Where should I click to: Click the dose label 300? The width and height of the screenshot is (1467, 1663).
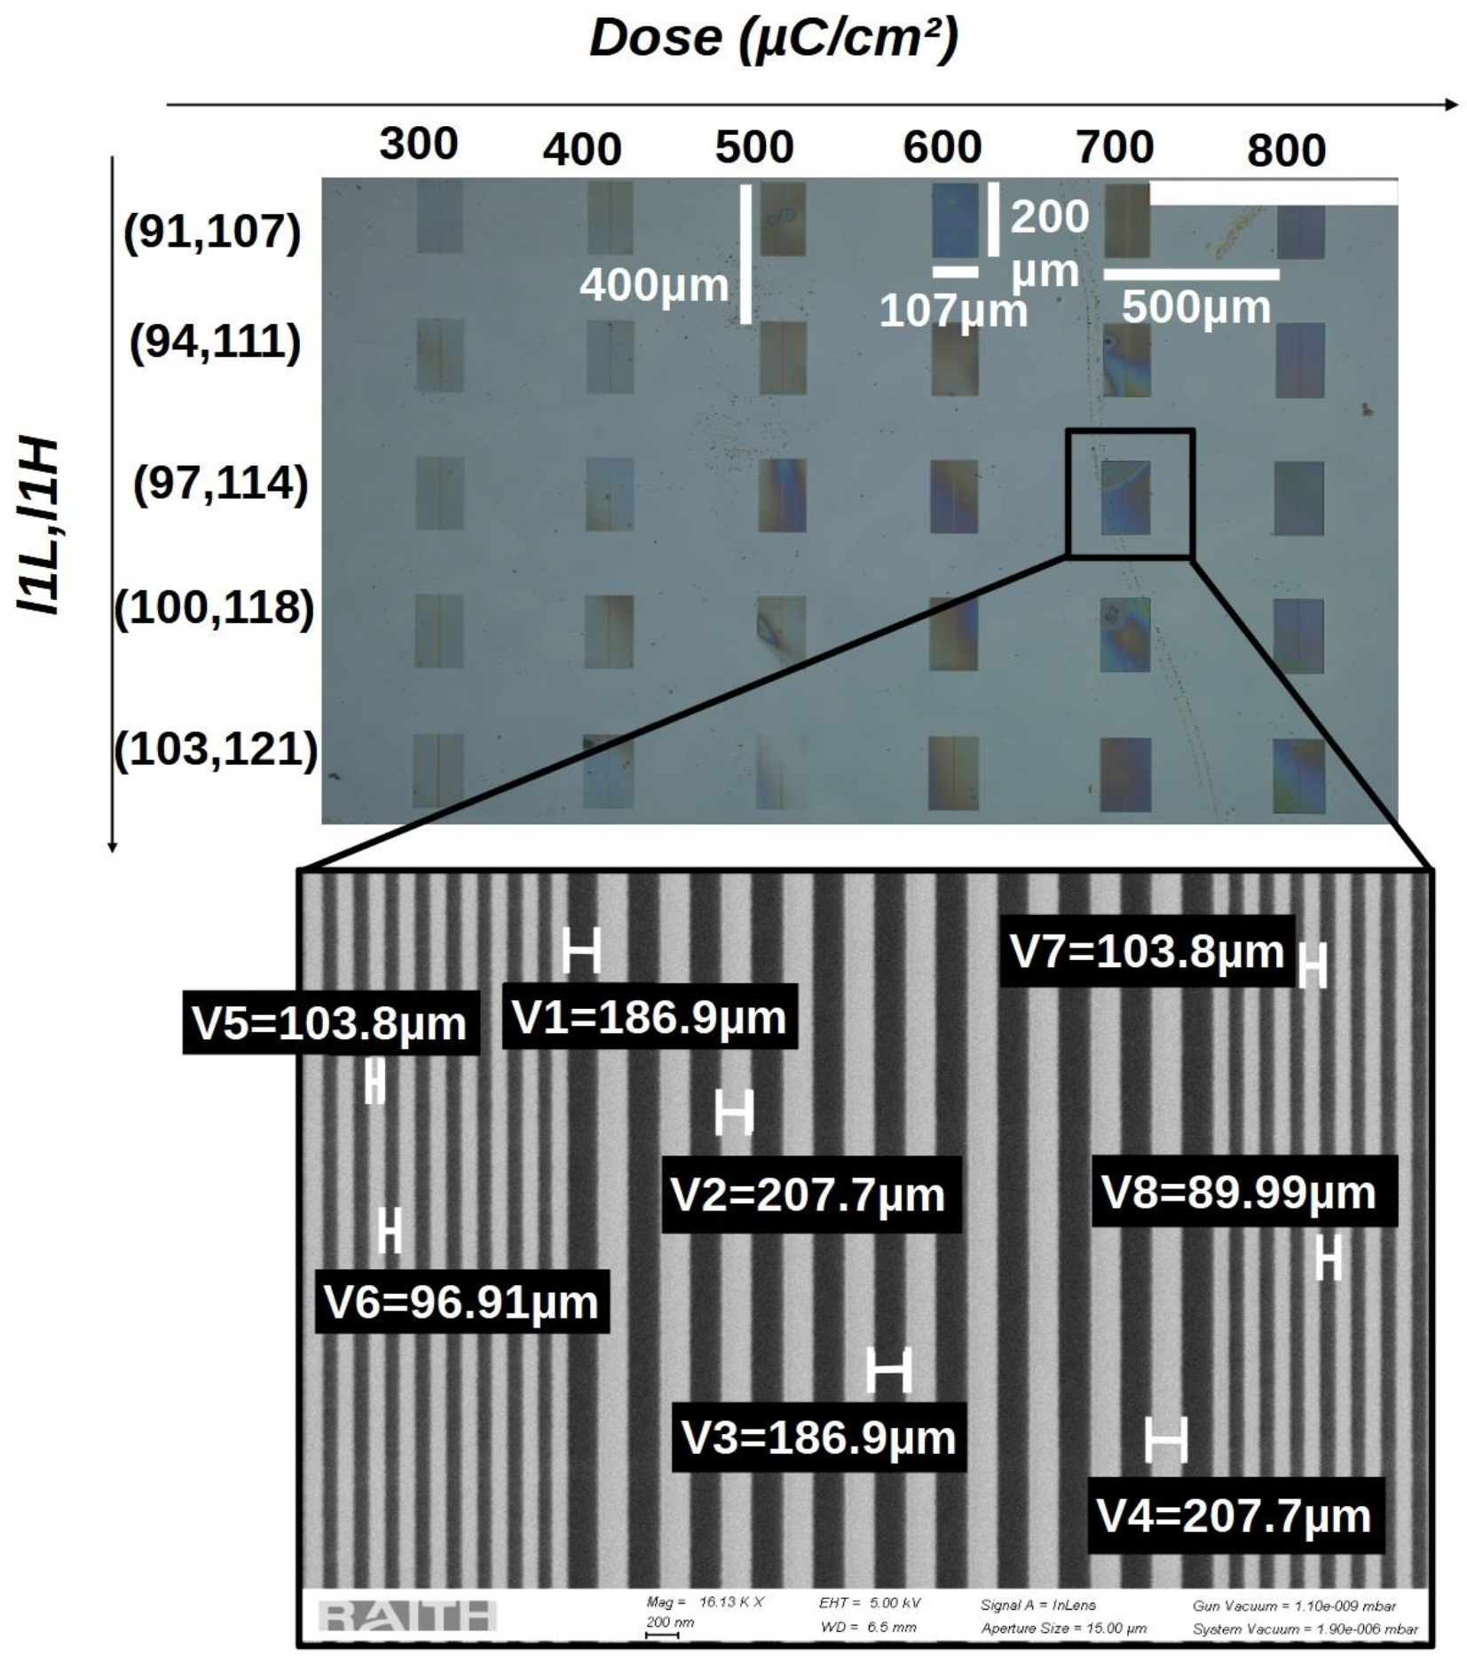418,144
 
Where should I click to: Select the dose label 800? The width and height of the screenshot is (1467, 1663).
1286,150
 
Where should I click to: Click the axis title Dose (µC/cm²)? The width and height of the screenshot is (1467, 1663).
774,39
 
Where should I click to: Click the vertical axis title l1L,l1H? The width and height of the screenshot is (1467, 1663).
40,525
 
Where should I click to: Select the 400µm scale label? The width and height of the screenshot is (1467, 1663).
654,286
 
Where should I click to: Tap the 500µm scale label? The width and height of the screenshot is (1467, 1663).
1195,307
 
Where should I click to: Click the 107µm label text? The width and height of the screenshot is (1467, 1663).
952,311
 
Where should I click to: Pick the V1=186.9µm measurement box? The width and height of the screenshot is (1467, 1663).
650,1017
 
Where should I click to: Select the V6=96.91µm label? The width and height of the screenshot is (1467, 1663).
461,1302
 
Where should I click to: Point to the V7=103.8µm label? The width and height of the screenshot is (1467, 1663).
1147,951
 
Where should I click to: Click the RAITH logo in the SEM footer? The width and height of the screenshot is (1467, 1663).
406,1616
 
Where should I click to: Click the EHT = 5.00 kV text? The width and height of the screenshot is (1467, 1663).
870,1603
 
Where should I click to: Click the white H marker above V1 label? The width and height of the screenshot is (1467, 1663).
581,950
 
